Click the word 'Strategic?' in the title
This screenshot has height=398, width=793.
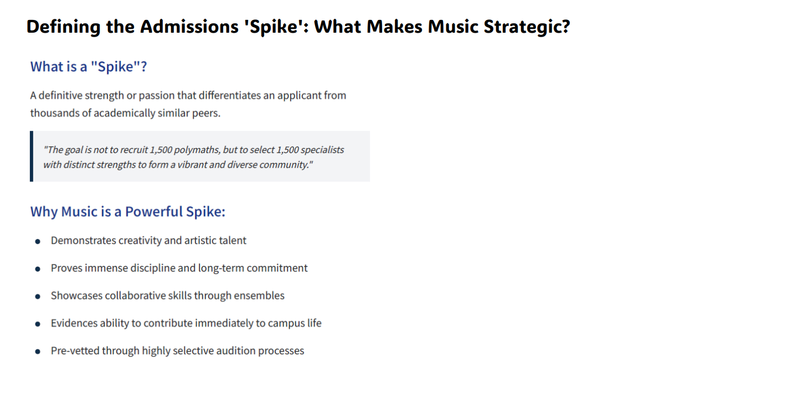point(527,27)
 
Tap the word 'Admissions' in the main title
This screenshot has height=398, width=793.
point(189,27)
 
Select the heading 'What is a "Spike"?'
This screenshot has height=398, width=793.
point(89,67)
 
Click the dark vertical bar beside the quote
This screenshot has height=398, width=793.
point(32,156)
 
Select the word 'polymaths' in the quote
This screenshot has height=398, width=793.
point(197,150)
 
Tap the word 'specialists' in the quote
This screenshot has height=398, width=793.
point(322,150)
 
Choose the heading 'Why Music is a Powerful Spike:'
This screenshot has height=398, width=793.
point(128,212)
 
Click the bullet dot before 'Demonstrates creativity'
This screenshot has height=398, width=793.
point(38,242)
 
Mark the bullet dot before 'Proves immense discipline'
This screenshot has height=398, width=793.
point(38,269)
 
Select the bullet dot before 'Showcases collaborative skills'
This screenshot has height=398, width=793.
point(38,297)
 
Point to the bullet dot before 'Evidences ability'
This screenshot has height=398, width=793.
point(38,324)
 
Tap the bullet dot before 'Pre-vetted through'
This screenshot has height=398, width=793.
point(38,352)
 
